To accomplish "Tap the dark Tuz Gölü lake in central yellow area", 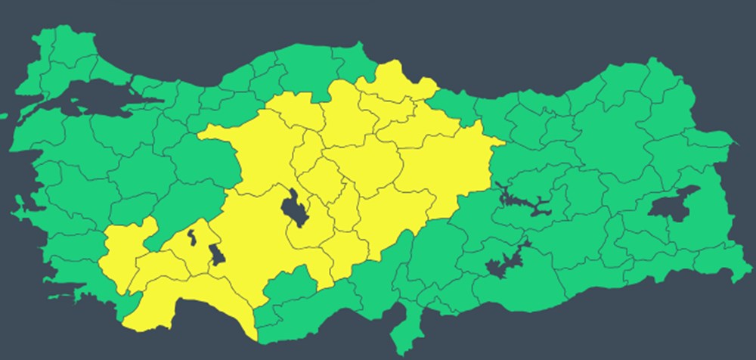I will pyautogui.click(x=294, y=208).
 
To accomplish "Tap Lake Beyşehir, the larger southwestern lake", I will pyautogui.click(x=216, y=254).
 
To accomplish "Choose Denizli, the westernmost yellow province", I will pyautogui.click(x=121, y=257).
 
